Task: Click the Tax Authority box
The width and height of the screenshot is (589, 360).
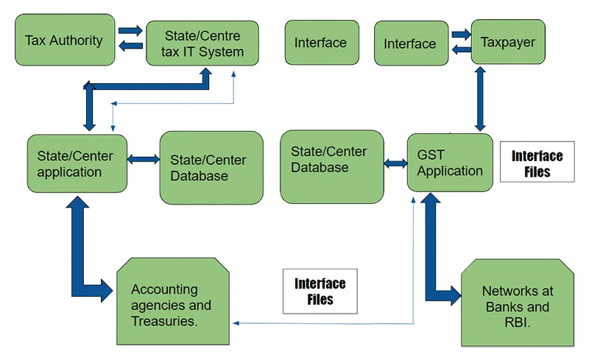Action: [64, 40]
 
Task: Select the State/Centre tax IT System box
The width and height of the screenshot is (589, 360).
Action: [202, 43]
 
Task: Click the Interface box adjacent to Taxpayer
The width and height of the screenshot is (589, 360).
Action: [410, 43]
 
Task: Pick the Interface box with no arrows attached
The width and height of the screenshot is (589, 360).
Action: [320, 43]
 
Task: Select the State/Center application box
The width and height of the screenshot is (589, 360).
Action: [77, 163]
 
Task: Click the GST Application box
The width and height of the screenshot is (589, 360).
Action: [449, 163]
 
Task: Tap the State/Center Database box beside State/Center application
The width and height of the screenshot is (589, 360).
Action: [211, 167]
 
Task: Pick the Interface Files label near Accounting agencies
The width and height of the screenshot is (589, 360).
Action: [320, 292]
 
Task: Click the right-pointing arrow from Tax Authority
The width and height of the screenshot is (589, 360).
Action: [132, 32]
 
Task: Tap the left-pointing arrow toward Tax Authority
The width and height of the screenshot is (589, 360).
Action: [132, 47]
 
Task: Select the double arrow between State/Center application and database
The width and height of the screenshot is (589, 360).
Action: [144, 159]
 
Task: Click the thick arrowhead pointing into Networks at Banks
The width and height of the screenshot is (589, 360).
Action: [455, 295]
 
